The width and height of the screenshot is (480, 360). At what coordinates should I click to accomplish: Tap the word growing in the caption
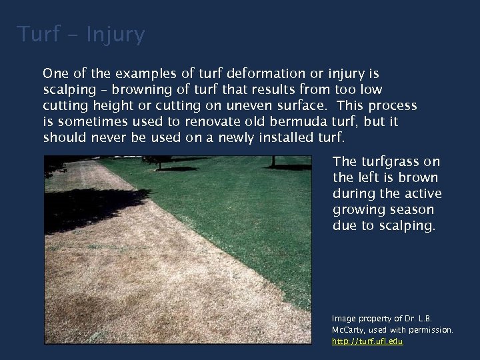tap(357, 209)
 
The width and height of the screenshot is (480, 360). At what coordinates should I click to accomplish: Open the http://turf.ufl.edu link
tap(367, 341)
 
